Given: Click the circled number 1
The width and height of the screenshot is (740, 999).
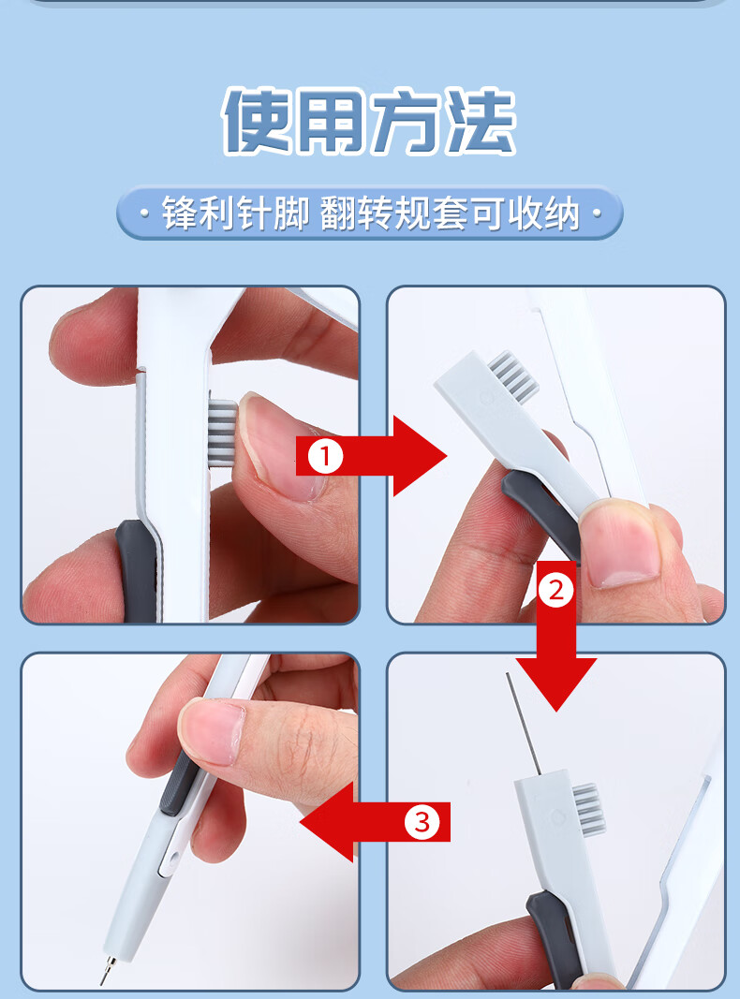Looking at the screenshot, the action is point(326,456).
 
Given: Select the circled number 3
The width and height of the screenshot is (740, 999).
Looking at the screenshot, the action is point(422,822).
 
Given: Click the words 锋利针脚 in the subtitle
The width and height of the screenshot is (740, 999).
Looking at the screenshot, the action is point(235,213).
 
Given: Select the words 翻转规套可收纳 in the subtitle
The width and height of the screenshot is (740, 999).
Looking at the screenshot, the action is point(450,213).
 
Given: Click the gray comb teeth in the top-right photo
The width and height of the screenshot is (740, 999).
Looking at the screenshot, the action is point(513,375).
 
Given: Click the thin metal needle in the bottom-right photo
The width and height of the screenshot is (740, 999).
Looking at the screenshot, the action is point(524,723).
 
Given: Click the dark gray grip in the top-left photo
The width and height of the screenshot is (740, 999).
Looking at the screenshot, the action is point(137,570).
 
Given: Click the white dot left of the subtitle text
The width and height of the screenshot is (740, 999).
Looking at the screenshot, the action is point(144,213).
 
